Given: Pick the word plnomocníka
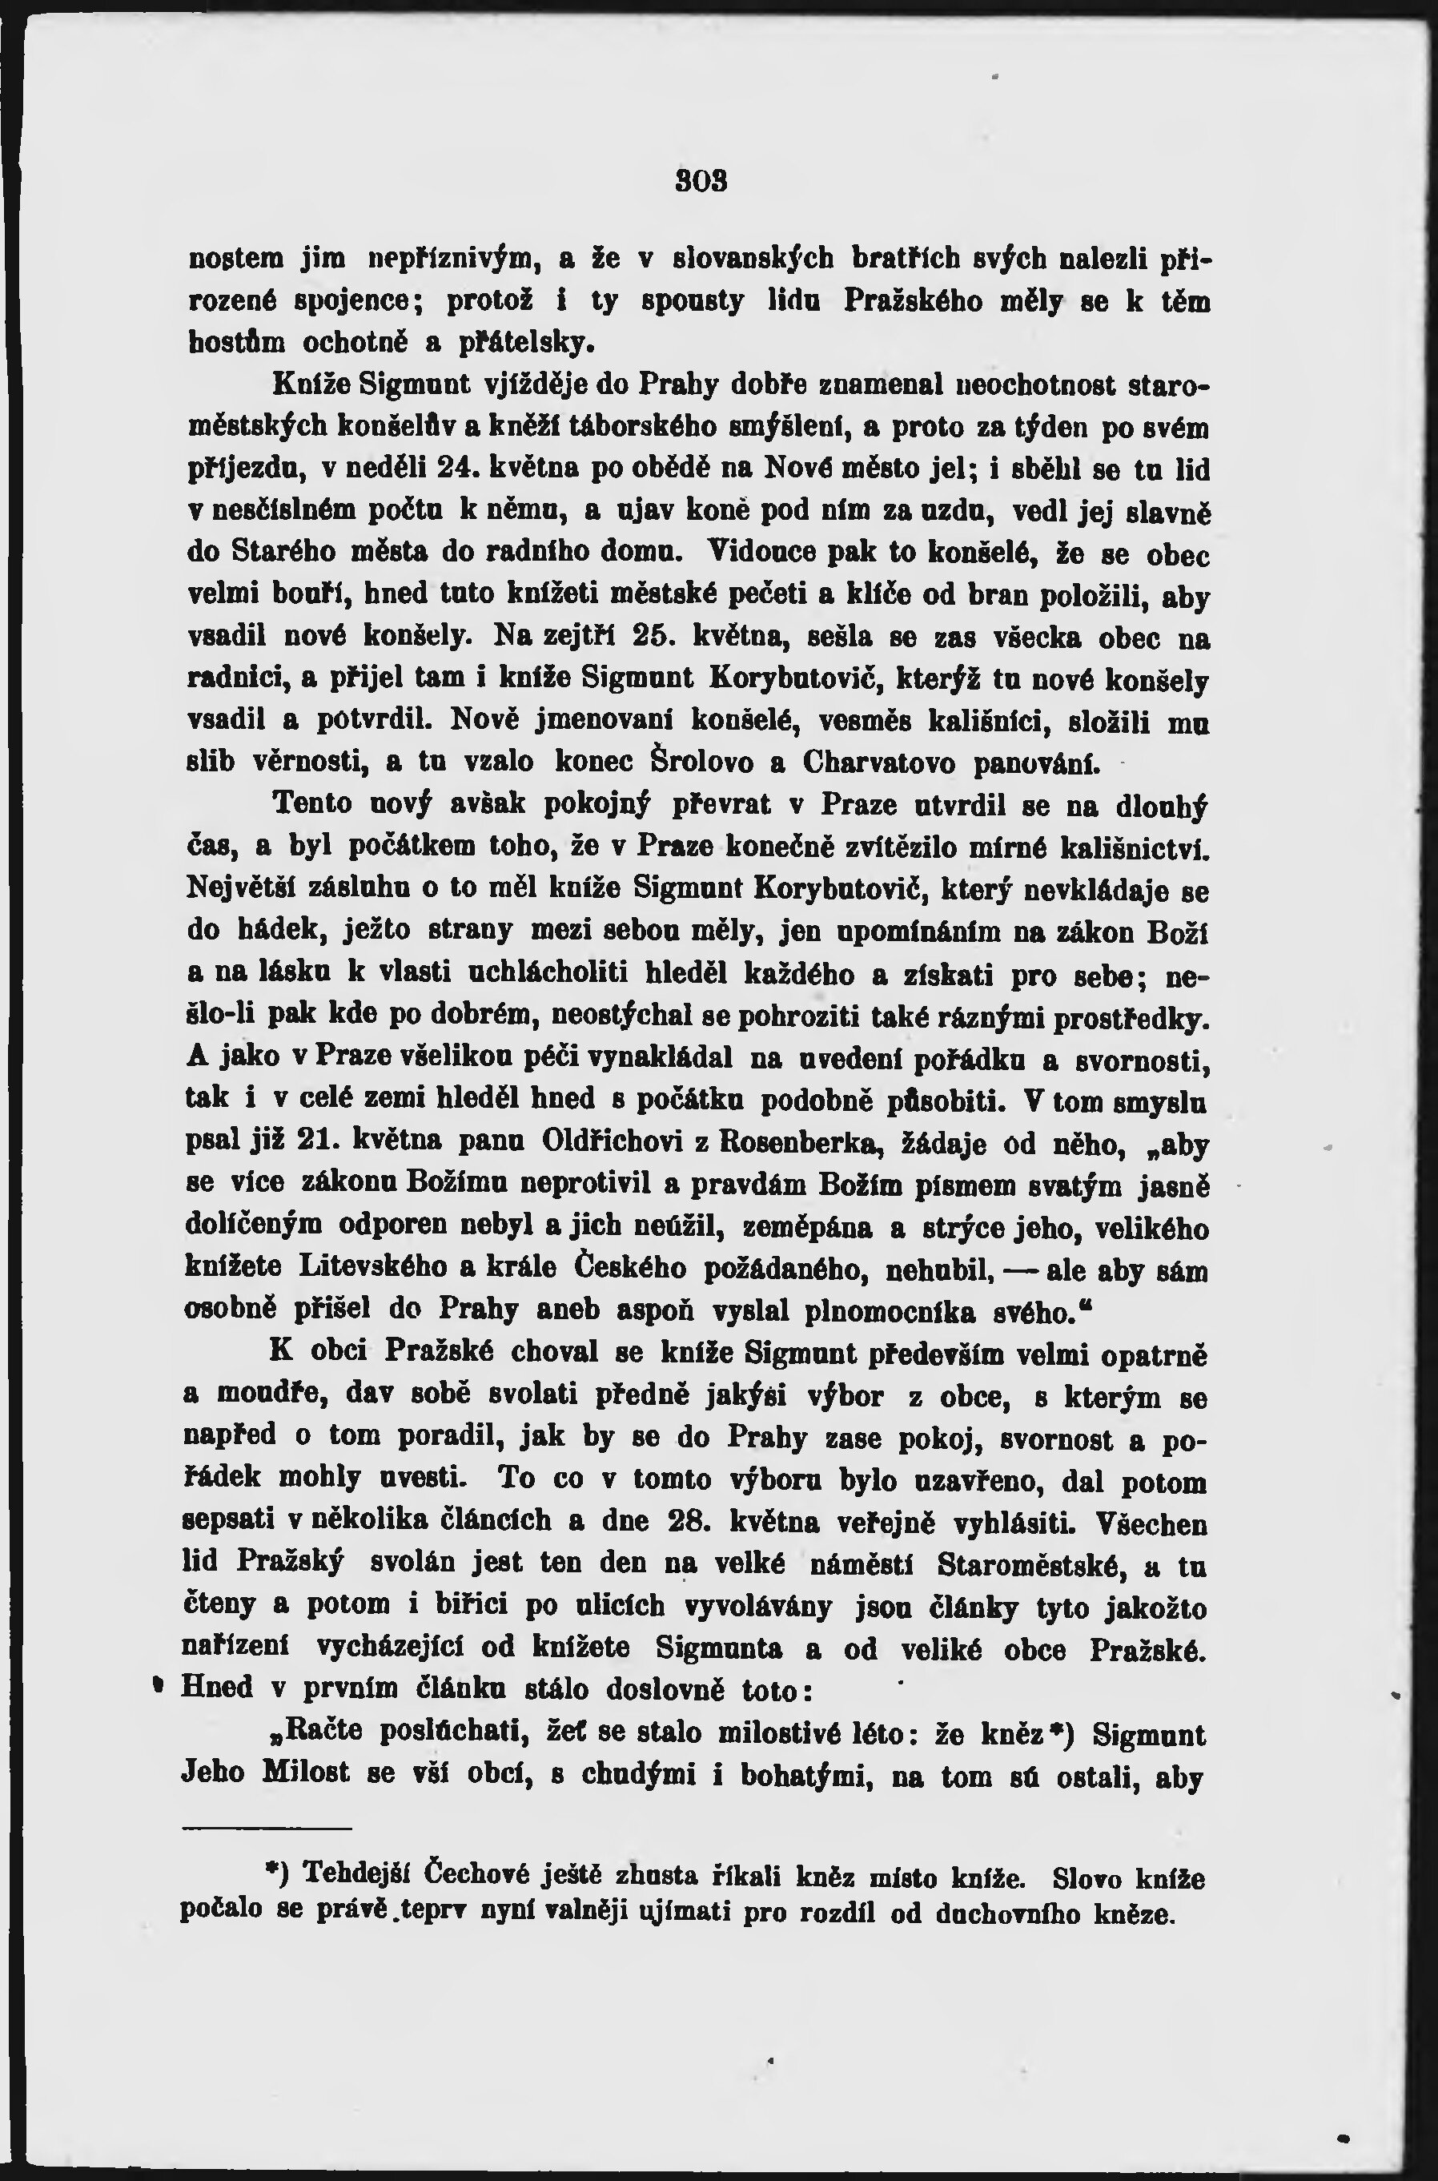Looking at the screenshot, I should point(908,1311).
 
